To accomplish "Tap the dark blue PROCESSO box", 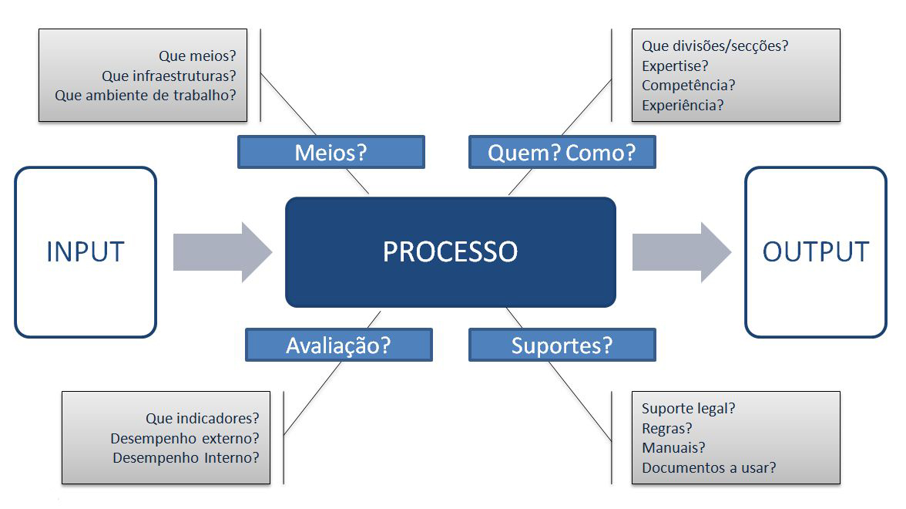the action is coord(450,252).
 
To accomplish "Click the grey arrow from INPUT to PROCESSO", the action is coord(223,252).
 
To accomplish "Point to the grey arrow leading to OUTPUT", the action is coord(682,252).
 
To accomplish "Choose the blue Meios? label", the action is coord(331,152).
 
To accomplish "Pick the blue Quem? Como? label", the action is coord(562,152).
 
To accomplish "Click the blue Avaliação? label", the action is coord(339,346).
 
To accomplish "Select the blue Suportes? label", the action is coord(562,346).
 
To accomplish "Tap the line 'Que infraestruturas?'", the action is coord(169,76).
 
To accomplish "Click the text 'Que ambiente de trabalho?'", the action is coord(146,96).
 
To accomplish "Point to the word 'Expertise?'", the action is coord(675,66).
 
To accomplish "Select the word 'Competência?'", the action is coord(688,86).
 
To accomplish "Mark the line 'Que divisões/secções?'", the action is coord(715,46).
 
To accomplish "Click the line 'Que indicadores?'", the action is coord(202,418).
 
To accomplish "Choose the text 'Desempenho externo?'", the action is coord(185,438).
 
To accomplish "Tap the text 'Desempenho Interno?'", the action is coord(186,458).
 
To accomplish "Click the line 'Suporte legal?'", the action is coord(688,409).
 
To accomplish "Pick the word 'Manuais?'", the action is coord(673,447).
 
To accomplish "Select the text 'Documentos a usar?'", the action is coord(709,467).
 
